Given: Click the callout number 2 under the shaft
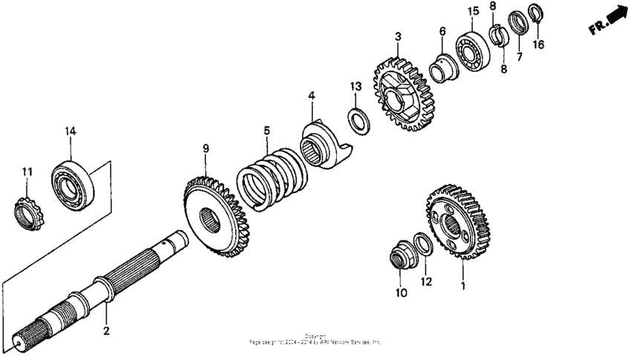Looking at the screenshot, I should pos(106,331).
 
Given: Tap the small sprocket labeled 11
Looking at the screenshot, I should pos(27,212).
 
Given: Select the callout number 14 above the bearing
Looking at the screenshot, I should pos(70,131).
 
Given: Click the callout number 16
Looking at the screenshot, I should pos(539,45).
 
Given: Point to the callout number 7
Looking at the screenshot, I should pos(519,56).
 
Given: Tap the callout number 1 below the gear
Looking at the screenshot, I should pos(463,285).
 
